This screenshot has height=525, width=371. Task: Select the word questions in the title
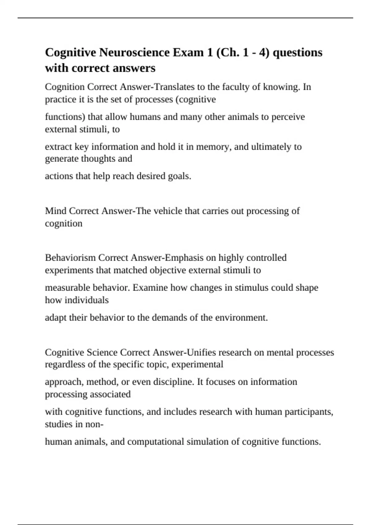298,52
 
